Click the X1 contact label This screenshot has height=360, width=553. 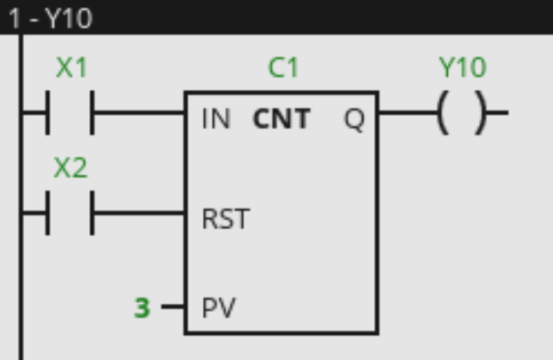(71, 68)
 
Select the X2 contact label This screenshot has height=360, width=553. (71, 168)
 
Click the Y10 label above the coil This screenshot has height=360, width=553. (462, 68)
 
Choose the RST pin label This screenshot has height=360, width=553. (225, 218)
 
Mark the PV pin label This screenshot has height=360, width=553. (218, 308)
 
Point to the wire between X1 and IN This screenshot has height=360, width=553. (138, 114)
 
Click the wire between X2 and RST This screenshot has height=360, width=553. (138, 214)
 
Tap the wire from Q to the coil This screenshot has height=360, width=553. (406, 114)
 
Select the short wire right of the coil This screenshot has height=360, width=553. (499, 114)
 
